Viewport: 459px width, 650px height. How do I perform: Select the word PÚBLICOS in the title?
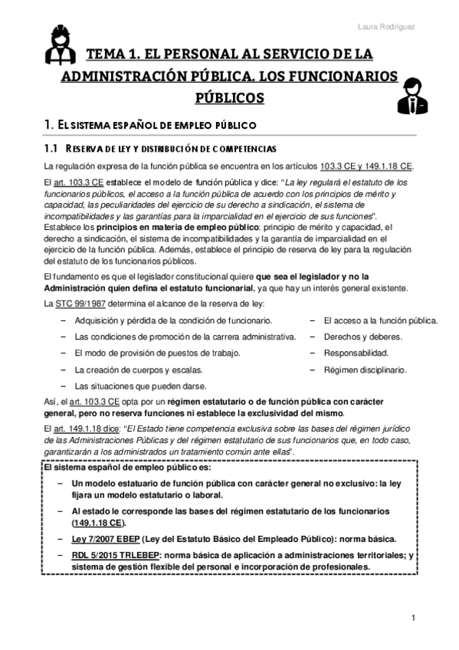(229, 98)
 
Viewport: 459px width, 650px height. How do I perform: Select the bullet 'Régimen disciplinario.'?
(365, 369)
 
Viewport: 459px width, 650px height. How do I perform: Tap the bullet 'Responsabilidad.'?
(356, 353)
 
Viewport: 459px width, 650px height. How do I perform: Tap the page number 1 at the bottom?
(412, 617)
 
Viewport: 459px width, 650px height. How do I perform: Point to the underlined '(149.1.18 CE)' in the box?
(99, 523)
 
